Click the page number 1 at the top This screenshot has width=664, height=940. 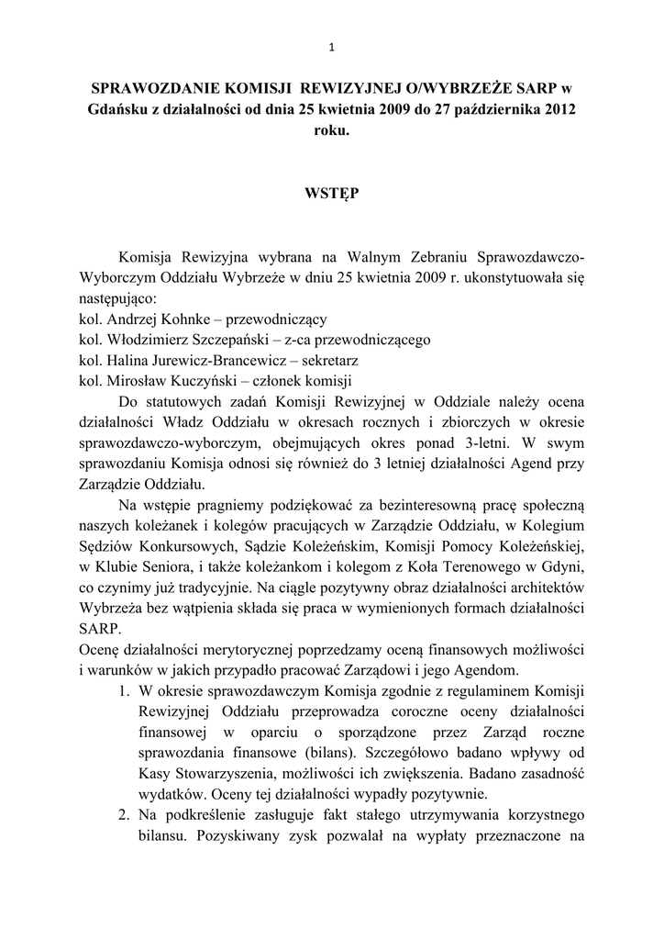(x=331, y=48)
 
